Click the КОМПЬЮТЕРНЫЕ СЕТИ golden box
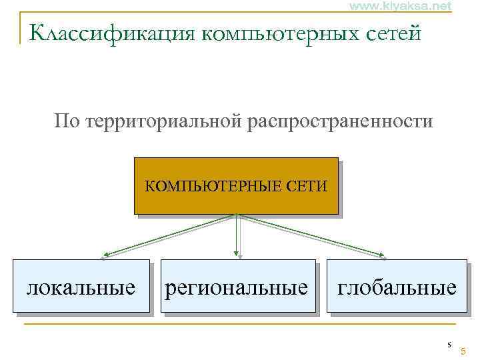[x=236, y=185]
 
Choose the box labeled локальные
[x=81, y=287]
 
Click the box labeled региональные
[x=237, y=287]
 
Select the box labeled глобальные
[x=397, y=287]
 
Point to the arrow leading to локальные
[x=170, y=235]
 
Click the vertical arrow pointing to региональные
[x=237, y=237]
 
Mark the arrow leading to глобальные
[x=310, y=235]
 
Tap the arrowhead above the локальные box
[x=106, y=255]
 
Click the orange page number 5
[x=463, y=351]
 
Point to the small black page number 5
[x=449, y=345]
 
